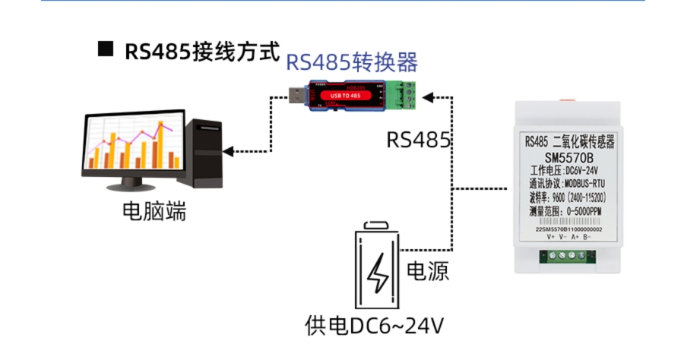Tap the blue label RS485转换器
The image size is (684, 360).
pos(352,62)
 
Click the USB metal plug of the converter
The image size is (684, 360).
pos(296,96)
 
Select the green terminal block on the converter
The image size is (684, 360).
pos(404,94)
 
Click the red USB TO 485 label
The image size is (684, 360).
pos(351,96)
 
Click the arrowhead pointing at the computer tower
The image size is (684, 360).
pos(229,152)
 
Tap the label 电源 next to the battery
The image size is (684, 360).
pos(428,271)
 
